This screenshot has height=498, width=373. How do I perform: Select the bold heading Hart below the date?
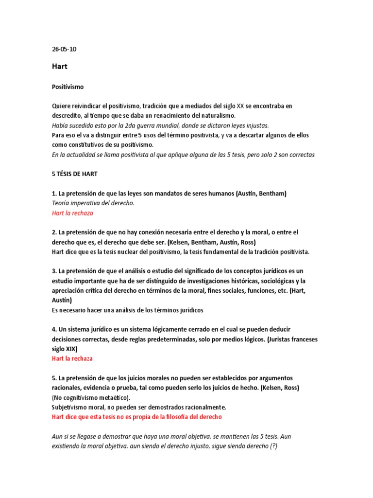(59, 67)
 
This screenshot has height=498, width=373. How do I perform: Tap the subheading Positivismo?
(68, 87)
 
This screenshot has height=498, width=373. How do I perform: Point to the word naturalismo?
(217, 115)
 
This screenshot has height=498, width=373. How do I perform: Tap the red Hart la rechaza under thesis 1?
(72, 213)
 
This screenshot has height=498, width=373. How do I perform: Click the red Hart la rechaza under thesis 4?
(72, 358)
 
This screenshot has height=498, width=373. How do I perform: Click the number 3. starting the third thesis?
(54, 271)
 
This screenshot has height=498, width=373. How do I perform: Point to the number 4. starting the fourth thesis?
(54, 329)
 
